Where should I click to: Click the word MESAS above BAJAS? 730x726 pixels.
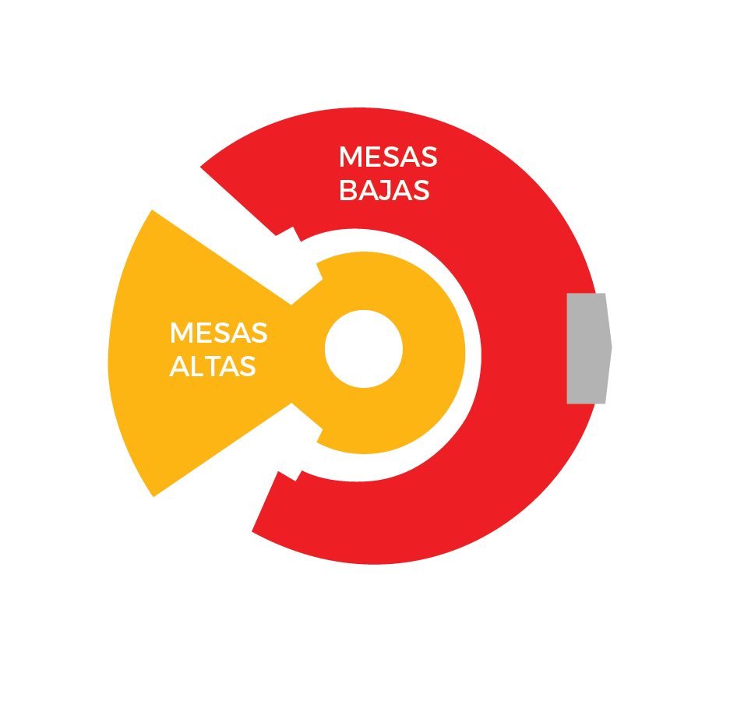click(x=387, y=157)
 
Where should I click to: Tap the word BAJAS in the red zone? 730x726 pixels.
click(x=384, y=190)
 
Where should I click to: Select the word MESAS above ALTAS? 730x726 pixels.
click(x=218, y=333)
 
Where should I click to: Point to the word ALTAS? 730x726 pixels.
click(x=213, y=366)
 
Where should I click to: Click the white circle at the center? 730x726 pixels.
click(x=363, y=348)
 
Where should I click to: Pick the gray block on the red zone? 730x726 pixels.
click(x=587, y=348)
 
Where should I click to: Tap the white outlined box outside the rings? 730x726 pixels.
click(x=670, y=352)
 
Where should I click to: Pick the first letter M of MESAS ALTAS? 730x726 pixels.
click(x=181, y=333)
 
